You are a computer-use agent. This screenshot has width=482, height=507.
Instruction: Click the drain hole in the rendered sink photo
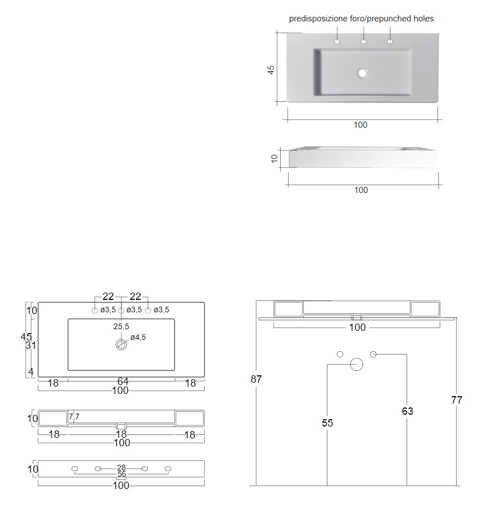click(362, 73)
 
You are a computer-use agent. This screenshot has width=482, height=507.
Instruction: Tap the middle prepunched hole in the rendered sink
click(364, 42)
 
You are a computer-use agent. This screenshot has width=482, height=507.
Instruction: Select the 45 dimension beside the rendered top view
click(271, 70)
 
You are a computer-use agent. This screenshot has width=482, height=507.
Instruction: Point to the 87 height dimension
click(257, 379)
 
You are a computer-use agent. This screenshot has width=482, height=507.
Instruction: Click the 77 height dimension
click(457, 400)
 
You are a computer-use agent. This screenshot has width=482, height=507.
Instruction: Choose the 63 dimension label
click(408, 411)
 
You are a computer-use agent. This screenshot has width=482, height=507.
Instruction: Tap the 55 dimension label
click(328, 423)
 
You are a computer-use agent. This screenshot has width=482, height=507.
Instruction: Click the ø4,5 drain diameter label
click(138, 337)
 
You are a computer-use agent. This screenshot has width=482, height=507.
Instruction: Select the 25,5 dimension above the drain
click(121, 326)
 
